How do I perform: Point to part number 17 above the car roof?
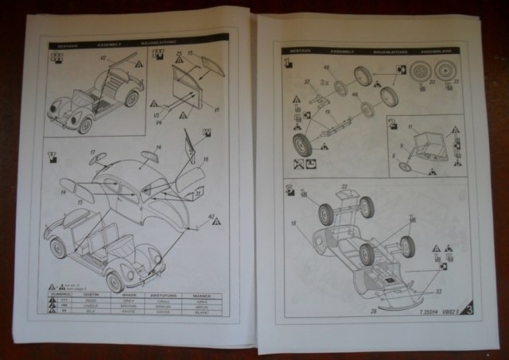click(93, 151)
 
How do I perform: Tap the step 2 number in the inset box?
click(392, 123)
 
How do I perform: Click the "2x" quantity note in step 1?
click(297, 165)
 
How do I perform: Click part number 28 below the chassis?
click(373, 311)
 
